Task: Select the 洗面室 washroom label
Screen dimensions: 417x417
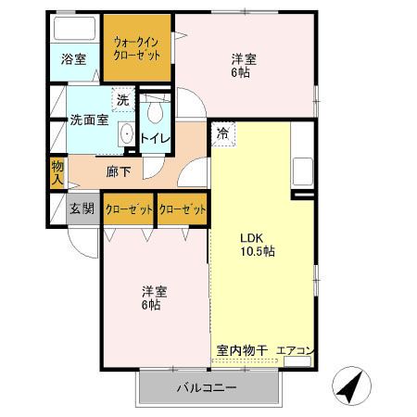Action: pos(89,120)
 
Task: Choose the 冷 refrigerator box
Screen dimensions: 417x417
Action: pos(222,133)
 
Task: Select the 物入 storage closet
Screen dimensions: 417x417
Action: pos(57,172)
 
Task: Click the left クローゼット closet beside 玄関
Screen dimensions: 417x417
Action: pos(128,209)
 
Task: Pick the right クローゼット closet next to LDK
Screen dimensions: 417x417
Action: pos(182,209)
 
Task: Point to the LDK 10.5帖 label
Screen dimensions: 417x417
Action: pos(255,244)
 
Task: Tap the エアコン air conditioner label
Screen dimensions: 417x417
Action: pos(296,350)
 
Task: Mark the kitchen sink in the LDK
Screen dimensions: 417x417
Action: pos(302,172)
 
